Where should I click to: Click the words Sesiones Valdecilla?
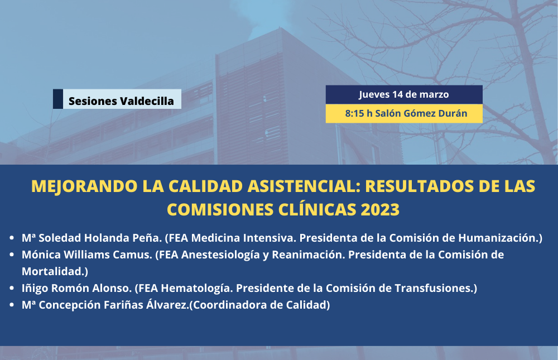[x=121, y=101]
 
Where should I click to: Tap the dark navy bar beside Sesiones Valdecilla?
[x=58, y=99]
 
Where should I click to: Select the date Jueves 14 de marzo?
[x=404, y=94]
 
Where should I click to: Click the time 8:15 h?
[x=359, y=113]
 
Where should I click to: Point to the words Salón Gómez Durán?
[x=421, y=113]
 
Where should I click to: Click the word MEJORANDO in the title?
[x=84, y=186]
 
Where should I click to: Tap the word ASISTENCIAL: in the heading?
[x=304, y=186]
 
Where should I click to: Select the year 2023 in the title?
[x=380, y=209]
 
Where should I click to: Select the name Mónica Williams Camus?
[x=87, y=255]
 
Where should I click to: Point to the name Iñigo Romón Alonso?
[x=77, y=288]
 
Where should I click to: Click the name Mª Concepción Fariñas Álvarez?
[x=105, y=305]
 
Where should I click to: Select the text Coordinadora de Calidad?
[x=259, y=305]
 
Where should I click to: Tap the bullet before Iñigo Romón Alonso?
[x=12, y=288]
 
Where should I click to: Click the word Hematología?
[x=196, y=289]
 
